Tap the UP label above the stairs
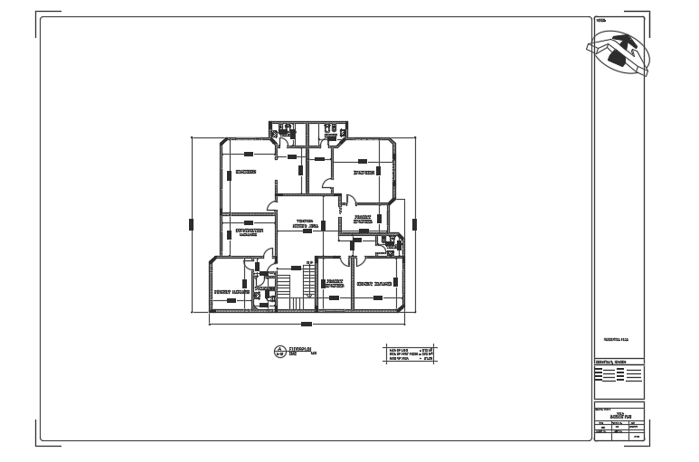point(308,263)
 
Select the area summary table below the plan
point(411,353)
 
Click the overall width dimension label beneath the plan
point(307,323)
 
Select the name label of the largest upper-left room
point(246,172)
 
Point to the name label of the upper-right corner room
point(365,171)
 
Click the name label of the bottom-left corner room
point(231,293)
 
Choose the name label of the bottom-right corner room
point(373,284)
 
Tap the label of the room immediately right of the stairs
point(333,284)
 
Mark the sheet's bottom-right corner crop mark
point(642,441)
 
